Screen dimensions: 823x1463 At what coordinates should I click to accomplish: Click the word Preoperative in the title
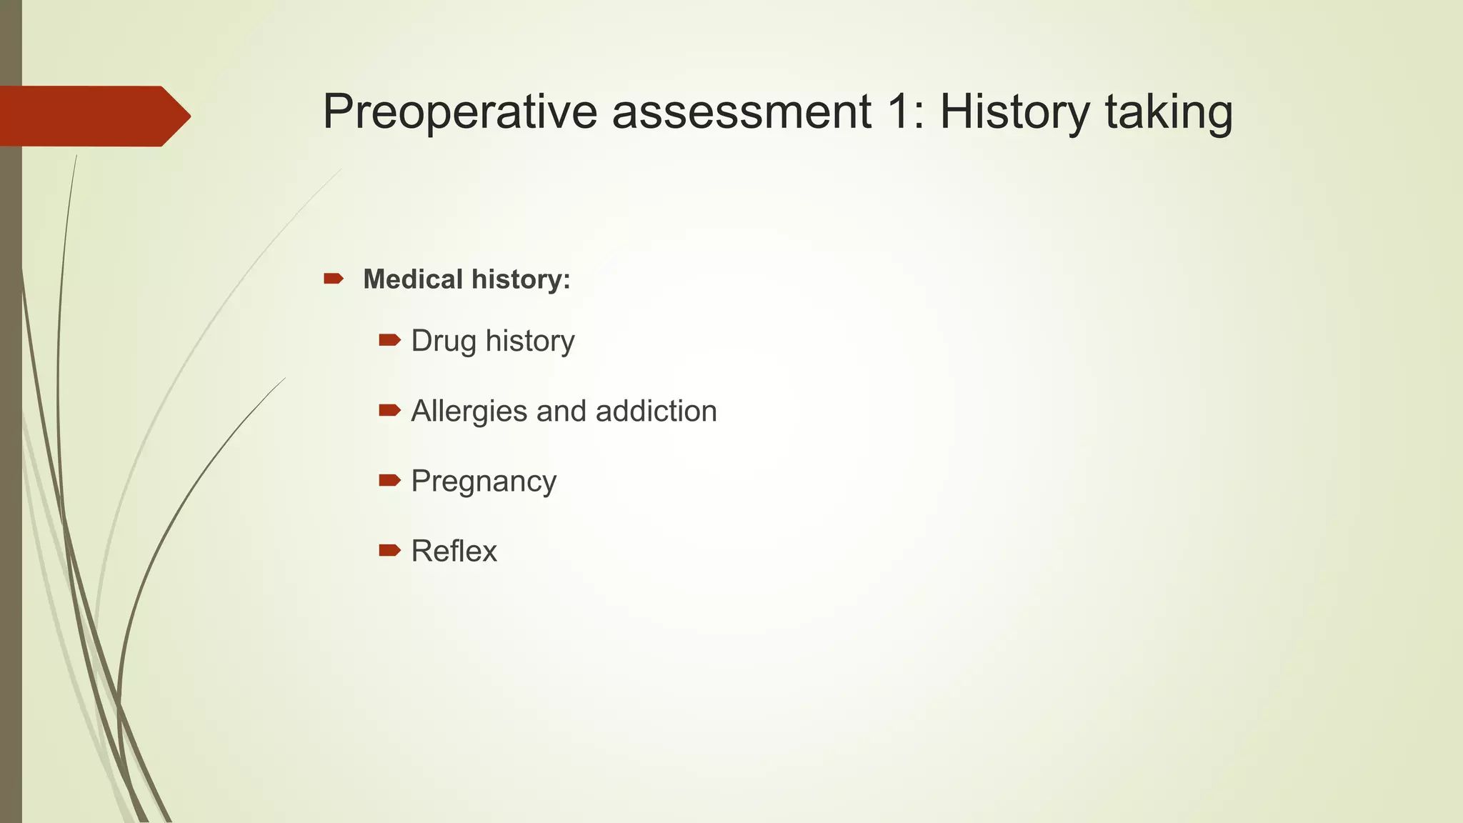[x=459, y=112]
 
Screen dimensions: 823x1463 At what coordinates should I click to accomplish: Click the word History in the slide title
[x=1014, y=112]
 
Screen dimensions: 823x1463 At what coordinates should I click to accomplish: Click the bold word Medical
[x=413, y=279]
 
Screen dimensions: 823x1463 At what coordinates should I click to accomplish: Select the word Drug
[x=443, y=341]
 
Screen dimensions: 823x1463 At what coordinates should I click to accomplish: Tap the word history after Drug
[x=529, y=341]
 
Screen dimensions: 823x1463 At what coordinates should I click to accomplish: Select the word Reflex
[x=454, y=552]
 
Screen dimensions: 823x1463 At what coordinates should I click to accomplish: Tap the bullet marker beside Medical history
[x=334, y=279]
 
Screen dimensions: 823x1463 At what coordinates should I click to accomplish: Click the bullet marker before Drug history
[x=389, y=340]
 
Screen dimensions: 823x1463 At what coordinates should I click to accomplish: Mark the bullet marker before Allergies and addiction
[x=389, y=410]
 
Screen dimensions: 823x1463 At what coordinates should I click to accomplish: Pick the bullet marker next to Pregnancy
[x=389, y=480]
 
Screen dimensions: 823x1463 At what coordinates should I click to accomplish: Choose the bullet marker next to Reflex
[x=389, y=550]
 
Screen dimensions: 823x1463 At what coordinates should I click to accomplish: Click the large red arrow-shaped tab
[x=93, y=116]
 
